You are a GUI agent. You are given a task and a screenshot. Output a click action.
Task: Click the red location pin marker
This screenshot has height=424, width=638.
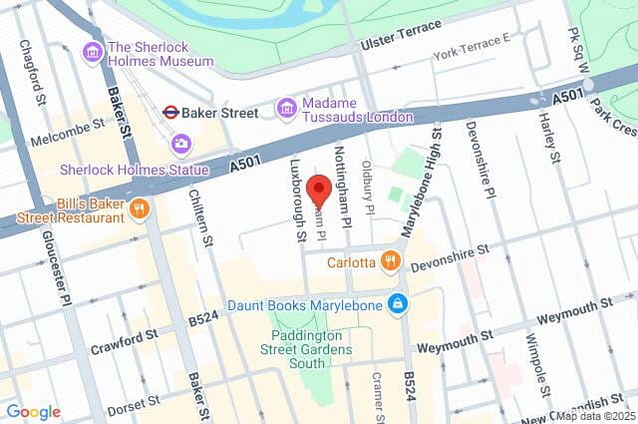(319, 191)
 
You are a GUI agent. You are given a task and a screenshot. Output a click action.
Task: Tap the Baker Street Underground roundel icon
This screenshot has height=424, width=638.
(170, 112)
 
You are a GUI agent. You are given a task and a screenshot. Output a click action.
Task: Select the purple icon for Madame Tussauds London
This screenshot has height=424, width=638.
(287, 107)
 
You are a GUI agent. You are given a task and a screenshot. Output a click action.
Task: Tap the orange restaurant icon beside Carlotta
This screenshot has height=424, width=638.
(390, 262)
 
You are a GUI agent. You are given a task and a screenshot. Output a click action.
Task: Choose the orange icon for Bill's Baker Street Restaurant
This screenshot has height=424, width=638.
(140, 209)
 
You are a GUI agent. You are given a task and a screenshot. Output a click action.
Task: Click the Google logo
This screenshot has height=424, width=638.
(33, 412)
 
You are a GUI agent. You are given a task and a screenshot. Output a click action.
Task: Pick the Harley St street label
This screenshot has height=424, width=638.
(548, 136)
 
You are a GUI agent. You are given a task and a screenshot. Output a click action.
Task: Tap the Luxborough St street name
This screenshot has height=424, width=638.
(297, 201)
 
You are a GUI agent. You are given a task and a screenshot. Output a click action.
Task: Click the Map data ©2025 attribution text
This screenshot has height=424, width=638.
(595, 416)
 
